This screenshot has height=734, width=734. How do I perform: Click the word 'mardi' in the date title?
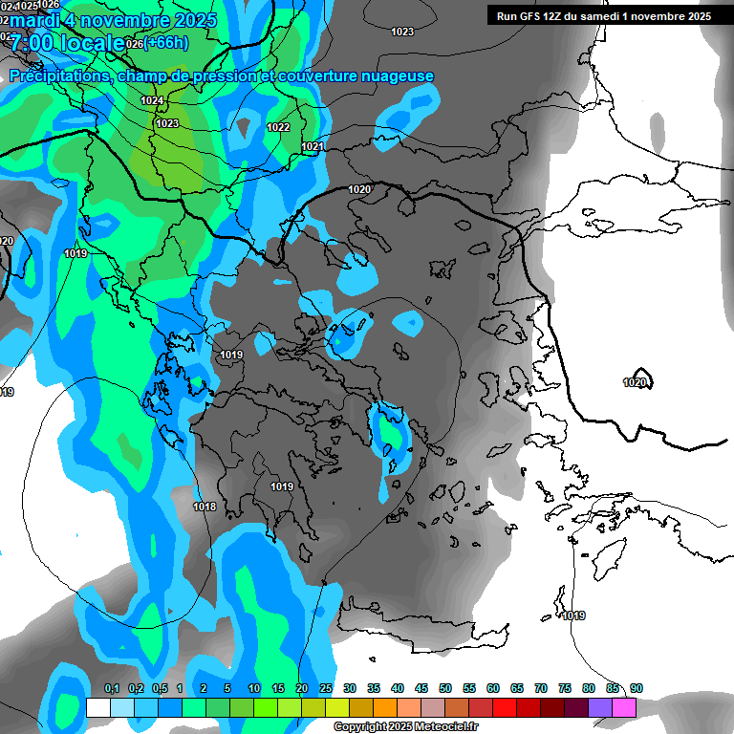35,19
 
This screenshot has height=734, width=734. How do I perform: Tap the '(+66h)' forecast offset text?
166,42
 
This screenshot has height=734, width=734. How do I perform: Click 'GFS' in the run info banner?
526,15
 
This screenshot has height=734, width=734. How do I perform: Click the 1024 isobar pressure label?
152,100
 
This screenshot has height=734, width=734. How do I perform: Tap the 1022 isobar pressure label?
278,127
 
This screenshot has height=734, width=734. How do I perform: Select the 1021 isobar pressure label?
313,146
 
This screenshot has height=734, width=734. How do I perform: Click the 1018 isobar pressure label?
205,507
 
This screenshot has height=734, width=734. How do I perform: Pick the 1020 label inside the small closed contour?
635,382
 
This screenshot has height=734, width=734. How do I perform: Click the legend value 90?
637,688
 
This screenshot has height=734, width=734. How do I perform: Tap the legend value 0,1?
112,688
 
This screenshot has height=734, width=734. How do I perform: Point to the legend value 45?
421,688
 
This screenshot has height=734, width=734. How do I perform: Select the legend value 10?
253,688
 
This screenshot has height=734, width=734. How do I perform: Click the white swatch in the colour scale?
97,707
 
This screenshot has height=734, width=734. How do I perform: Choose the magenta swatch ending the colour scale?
624,707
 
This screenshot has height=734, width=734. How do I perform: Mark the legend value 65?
516,688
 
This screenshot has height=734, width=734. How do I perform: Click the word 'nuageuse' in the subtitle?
398,76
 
